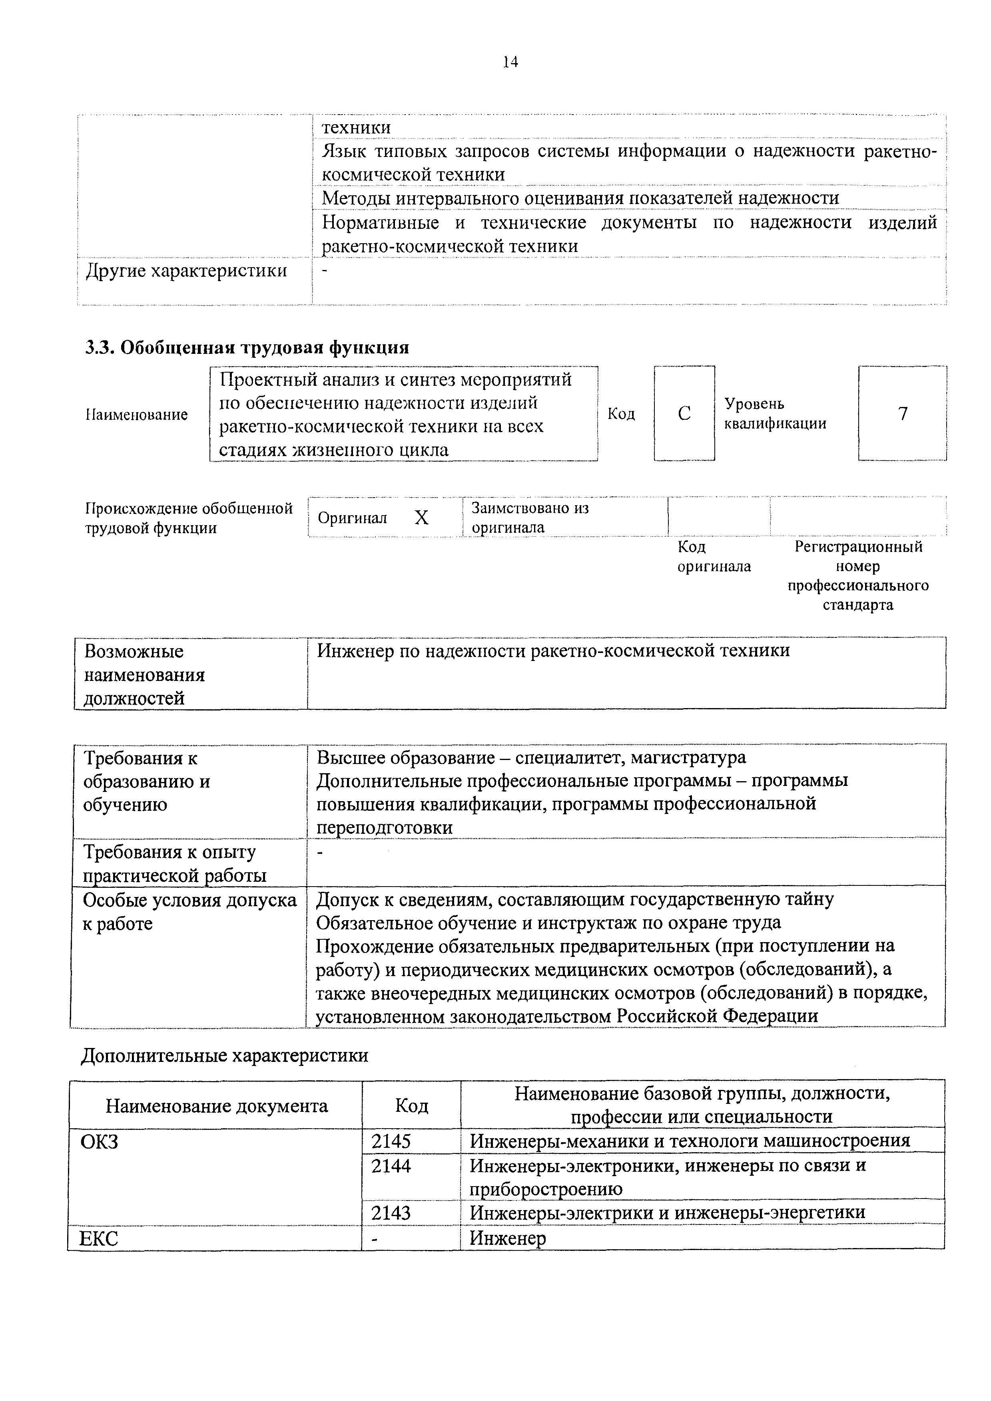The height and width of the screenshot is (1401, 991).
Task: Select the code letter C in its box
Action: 684,414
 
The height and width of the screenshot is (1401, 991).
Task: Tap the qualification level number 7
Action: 903,414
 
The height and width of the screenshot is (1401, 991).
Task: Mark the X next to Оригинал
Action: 421,518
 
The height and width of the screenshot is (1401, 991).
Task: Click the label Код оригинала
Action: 714,556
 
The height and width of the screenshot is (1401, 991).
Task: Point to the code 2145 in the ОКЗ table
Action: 391,1141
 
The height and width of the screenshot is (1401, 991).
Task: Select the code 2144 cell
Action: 391,1166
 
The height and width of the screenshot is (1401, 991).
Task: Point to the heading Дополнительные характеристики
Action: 225,1055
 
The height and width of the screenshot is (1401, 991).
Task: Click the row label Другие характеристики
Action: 186,271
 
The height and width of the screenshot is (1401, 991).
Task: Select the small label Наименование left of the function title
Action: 136,415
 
